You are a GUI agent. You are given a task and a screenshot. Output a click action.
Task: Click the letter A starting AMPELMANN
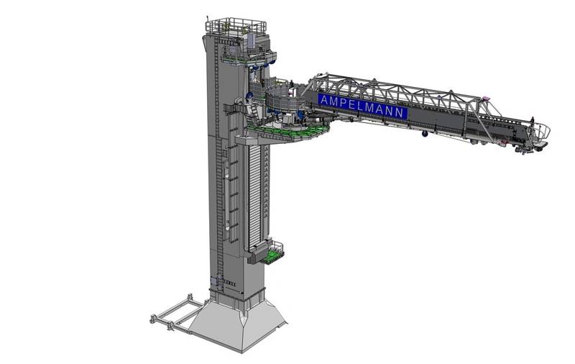[x=324, y=100]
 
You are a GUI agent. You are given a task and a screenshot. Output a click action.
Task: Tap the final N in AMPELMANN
[x=401, y=112]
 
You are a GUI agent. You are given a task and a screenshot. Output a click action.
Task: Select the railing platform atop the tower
[x=235, y=26]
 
